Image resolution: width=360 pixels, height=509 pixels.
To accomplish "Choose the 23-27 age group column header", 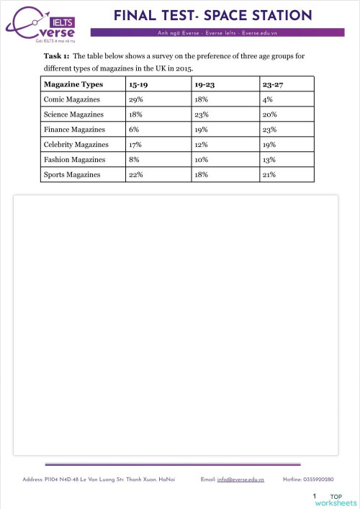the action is click(273, 84).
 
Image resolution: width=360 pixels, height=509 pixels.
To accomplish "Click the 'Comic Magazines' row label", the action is click(72, 99).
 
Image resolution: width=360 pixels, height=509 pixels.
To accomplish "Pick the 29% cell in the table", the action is click(135, 99).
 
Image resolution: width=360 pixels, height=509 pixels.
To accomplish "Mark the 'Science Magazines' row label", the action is click(73, 114).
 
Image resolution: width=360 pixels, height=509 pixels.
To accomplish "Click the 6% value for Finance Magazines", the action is click(134, 130).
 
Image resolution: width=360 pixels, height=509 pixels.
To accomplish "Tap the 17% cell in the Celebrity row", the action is click(135, 145).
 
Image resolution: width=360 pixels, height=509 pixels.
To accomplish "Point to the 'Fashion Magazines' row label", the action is click(74, 159).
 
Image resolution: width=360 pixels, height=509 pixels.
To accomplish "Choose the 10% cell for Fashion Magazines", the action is click(203, 159).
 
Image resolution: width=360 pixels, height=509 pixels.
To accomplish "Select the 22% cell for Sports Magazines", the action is click(135, 174).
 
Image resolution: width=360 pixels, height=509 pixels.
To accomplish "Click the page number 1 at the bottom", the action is click(315, 497).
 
